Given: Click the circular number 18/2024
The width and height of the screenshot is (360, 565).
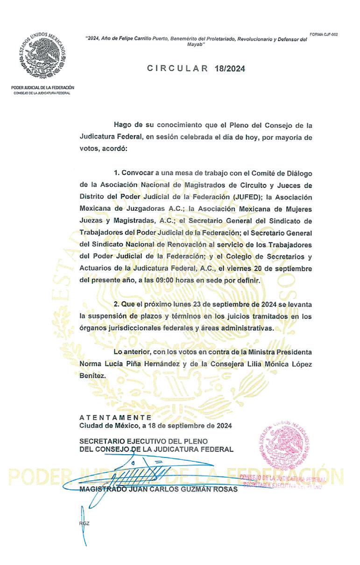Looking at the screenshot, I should [x=230, y=68].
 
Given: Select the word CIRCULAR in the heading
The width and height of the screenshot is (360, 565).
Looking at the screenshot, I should [x=178, y=68].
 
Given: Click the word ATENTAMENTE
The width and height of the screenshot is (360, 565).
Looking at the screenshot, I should [x=115, y=417].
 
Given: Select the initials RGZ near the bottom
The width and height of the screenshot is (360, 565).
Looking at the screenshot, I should [x=84, y=523].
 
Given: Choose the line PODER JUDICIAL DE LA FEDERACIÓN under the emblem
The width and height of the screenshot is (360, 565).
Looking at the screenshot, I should [x=42, y=87].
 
